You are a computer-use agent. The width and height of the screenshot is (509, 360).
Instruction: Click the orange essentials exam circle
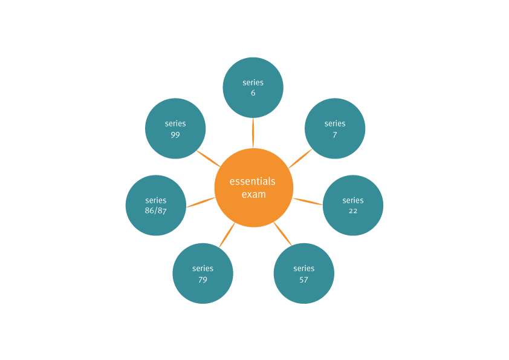point(254,188)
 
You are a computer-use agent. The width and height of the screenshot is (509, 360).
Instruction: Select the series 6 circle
point(253,88)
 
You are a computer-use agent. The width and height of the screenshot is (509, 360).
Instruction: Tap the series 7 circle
point(335,128)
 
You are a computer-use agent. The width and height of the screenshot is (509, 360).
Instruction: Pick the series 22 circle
point(353,205)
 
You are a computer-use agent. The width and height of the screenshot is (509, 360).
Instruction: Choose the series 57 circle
point(304,273)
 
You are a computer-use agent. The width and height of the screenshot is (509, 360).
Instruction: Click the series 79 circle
point(203,273)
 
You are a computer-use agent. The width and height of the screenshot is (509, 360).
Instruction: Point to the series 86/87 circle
point(156,205)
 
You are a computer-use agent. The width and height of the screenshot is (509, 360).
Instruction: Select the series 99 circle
point(175,128)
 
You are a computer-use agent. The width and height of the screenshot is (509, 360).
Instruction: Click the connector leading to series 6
point(253,133)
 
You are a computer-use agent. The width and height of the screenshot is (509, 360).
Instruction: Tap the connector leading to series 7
point(300,159)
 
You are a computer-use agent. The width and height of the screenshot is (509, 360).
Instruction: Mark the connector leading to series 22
point(308,201)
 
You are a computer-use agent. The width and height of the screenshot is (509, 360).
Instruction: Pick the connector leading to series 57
point(283,234)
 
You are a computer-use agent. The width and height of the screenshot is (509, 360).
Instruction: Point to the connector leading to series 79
point(227,235)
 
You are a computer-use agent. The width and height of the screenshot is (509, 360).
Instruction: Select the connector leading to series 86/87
point(201,202)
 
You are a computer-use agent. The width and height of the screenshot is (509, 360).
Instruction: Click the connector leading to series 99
point(209,159)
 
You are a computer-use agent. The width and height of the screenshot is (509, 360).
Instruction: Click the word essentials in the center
point(253,182)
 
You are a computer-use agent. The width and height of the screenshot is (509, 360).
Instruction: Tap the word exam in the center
point(254,194)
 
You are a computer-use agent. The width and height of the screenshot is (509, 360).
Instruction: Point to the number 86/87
point(156,211)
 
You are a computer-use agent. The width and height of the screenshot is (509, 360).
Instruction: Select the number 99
point(175,134)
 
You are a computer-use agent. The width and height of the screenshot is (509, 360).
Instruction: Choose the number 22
point(353,211)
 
